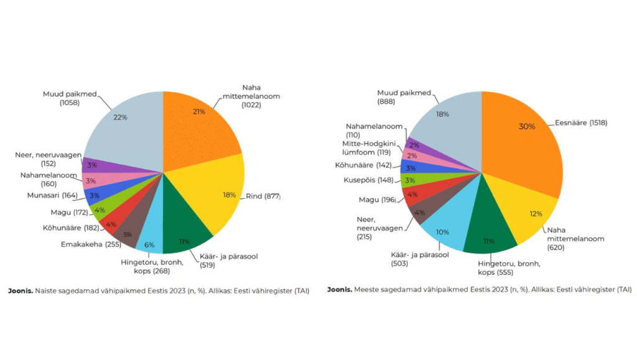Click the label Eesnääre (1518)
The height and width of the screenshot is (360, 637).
point(581,122)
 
